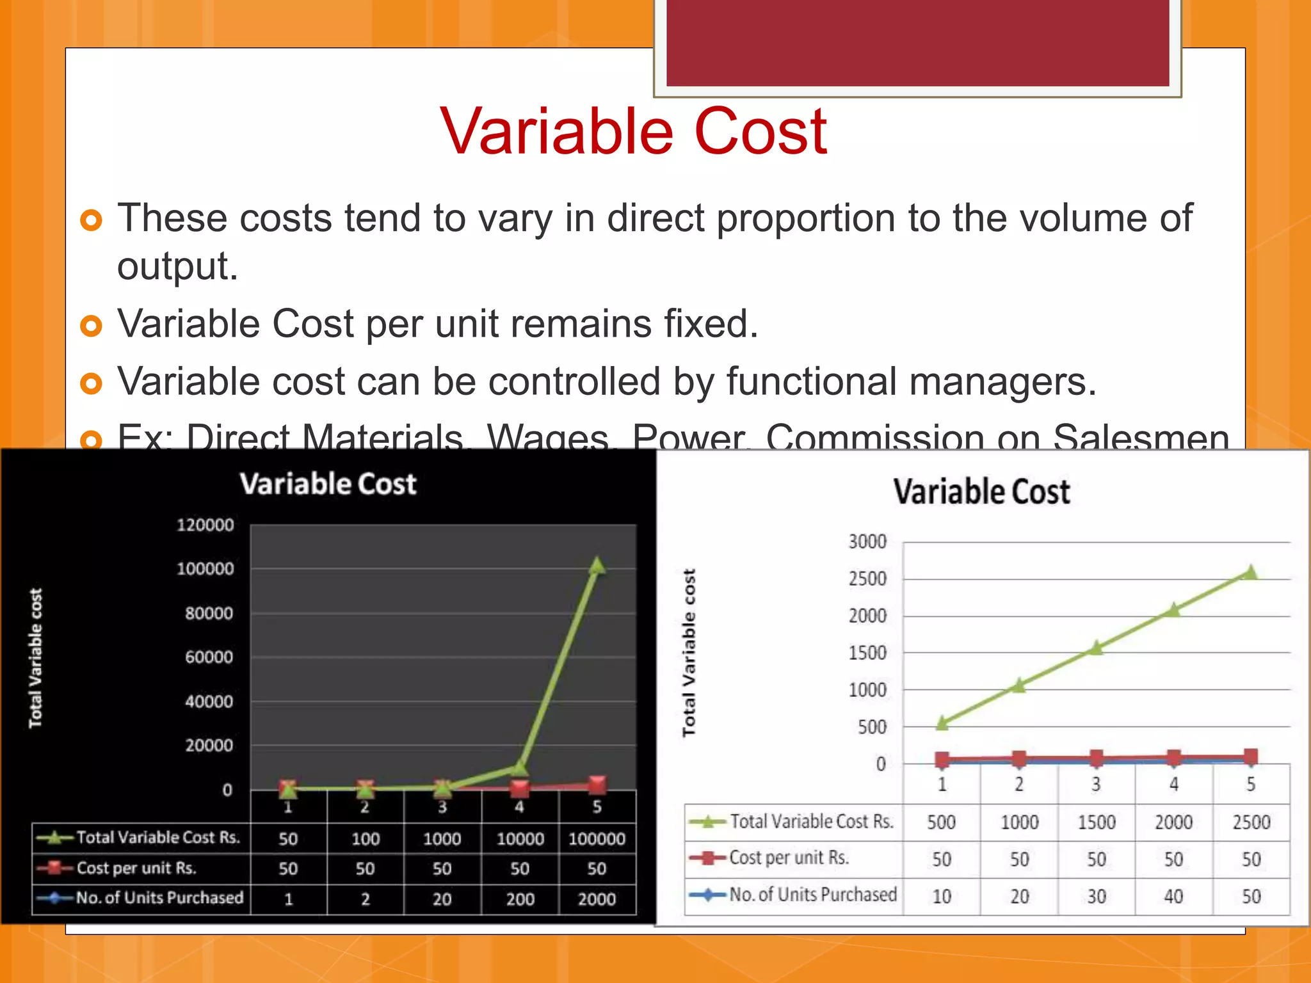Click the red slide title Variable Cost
(633, 131)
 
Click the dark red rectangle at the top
(917, 42)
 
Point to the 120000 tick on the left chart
(205, 525)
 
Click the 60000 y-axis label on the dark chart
(209, 657)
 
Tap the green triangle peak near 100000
(597, 566)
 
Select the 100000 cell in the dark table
(597, 839)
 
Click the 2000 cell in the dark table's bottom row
(597, 899)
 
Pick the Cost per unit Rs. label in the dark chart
(136, 868)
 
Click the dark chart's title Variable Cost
(328, 484)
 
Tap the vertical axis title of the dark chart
(36, 658)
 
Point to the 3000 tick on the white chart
(867, 542)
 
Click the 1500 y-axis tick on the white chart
(867, 653)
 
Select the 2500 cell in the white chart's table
(1251, 822)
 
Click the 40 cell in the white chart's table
(1173, 897)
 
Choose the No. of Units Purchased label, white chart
(813, 895)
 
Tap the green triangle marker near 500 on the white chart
(942, 723)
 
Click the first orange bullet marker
(92, 221)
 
